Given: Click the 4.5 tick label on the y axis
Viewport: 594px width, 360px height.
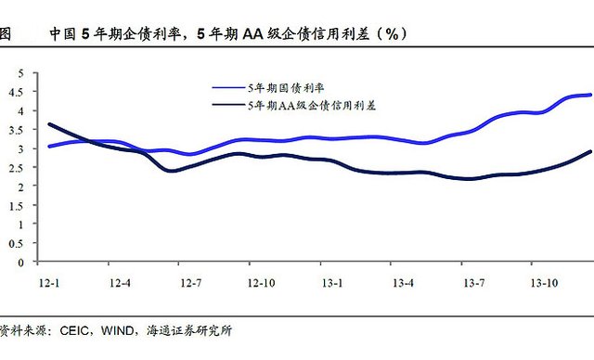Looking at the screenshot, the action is (17, 92).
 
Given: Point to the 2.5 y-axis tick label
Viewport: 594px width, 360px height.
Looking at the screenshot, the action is (17, 168).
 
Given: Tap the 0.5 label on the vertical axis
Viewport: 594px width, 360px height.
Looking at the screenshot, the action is (17, 243).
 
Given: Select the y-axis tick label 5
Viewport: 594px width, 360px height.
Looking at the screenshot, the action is (20, 73).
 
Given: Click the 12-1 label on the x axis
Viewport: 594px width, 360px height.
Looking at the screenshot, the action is (49, 283).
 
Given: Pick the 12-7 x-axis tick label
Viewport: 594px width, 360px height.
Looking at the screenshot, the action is (191, 283).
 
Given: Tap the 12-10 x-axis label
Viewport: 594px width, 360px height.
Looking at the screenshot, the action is (262, 283).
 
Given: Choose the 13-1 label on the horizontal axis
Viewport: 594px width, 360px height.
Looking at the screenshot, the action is (332, 283).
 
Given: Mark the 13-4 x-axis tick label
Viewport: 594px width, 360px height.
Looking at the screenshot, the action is (403, 283).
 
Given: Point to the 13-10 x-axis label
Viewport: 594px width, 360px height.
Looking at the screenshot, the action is (545, 283).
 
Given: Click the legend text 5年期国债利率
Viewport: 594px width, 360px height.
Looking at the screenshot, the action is (286, 88).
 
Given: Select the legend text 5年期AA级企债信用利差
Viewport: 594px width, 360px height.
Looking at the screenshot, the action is (312, 105).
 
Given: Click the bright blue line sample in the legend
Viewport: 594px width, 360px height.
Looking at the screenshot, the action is (229, 88).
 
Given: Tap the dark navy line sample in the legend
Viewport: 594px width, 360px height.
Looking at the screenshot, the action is (229, 104).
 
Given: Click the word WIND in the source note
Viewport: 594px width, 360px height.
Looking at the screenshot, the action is (117, 330).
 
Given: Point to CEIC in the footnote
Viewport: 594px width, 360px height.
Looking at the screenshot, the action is (74, 330).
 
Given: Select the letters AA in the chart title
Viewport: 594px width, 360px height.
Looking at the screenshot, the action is (252, 34).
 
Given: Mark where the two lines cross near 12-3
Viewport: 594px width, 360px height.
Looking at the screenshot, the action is (90, 142).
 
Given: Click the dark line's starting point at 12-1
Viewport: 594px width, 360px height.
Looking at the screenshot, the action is (49, 124).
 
